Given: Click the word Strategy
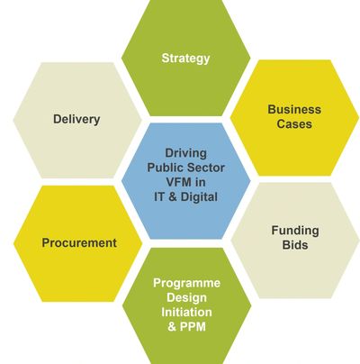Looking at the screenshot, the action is tap(185, 59).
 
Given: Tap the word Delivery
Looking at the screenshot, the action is tap(76, 119).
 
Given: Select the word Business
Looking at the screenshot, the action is tap(294, 109).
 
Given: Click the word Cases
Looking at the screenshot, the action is tap(294, 123).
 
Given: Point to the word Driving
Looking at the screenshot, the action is tap(185, 153).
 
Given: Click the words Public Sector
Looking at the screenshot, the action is tap(185, 168).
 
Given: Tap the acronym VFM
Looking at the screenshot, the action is tap(178, 182).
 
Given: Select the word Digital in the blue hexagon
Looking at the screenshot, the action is tap(199, 197).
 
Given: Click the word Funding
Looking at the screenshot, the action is tap(295, 231).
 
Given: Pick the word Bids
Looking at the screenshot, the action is tap(295, 245).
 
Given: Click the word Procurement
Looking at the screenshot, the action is tap(79, 242).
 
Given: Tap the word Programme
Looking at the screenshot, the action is tap(186, 283).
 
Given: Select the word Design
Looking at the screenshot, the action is tap(186, 297).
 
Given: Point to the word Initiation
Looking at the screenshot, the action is tap(186, 312).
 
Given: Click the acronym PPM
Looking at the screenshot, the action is tap(193, 326).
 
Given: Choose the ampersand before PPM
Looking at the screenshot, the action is tap(172, 326).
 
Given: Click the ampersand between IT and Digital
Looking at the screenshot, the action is tap(173, 197).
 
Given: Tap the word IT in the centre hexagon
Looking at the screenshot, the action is tap(159, 197).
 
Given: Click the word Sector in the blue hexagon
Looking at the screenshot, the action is tap(207, 168).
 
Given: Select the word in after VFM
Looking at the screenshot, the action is tap(200, 182).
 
